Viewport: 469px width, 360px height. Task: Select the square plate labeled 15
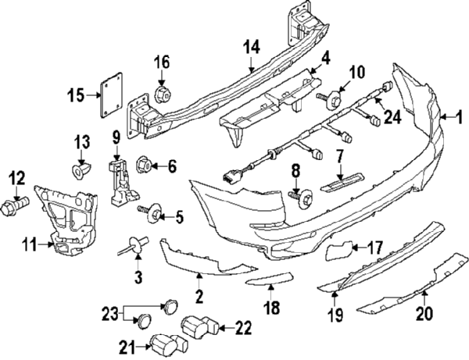[x=112, y=95]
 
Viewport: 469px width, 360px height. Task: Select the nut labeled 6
[x=144, y=165]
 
